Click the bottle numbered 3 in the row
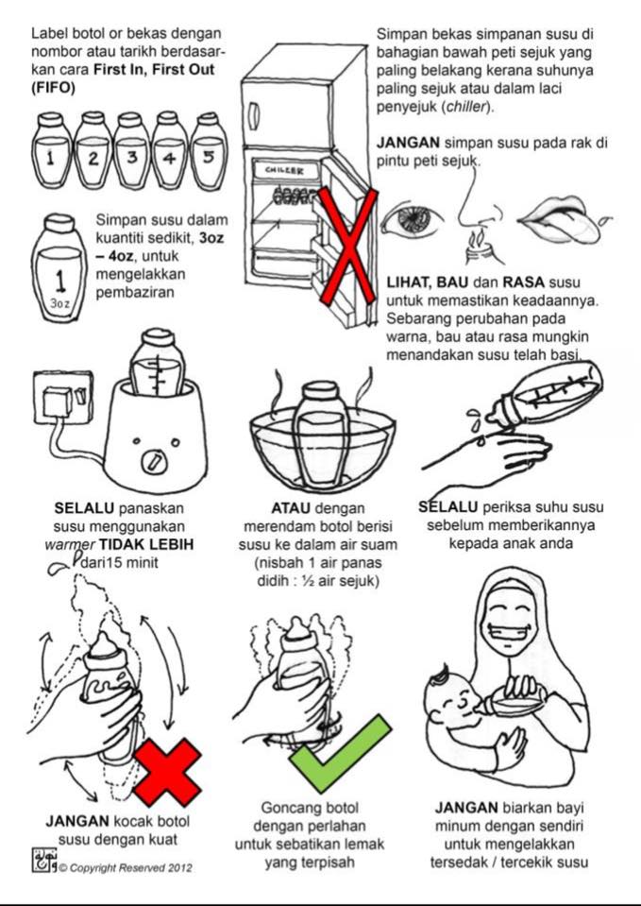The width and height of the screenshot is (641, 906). point(131,151)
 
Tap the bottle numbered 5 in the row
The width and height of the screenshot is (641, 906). point(209,151)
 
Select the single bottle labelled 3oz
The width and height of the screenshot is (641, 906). point(59,268)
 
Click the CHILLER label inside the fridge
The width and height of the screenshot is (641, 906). point(284,170)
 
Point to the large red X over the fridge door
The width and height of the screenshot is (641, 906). point(347,246)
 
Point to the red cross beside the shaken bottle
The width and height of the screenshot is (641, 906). point(167,772)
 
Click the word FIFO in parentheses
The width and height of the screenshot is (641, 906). point(53,88)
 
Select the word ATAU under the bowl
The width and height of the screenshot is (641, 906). point(291,508)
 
